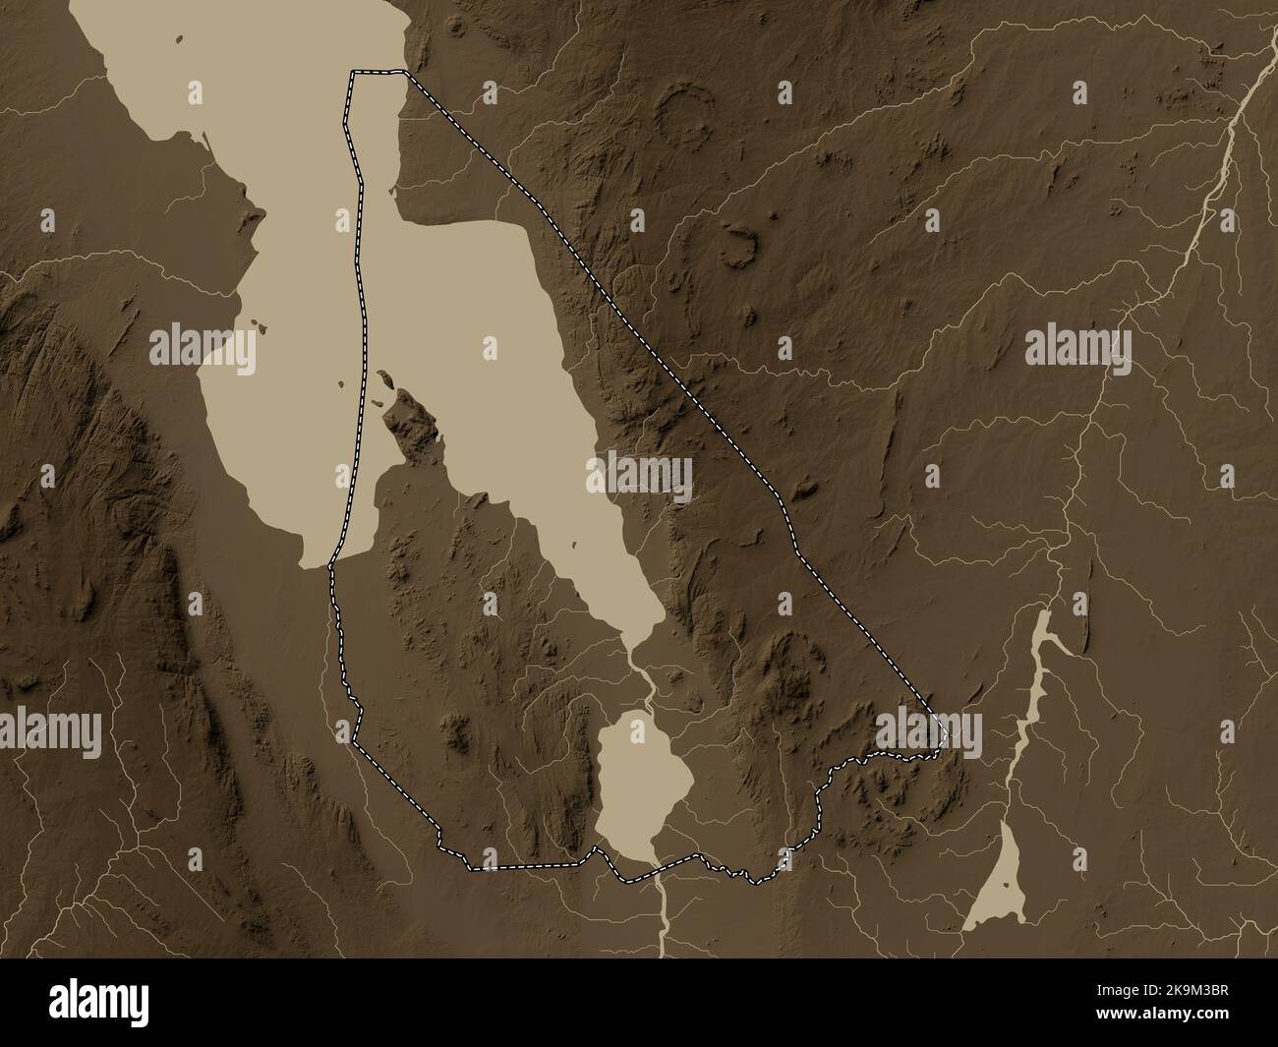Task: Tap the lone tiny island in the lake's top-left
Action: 180,39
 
